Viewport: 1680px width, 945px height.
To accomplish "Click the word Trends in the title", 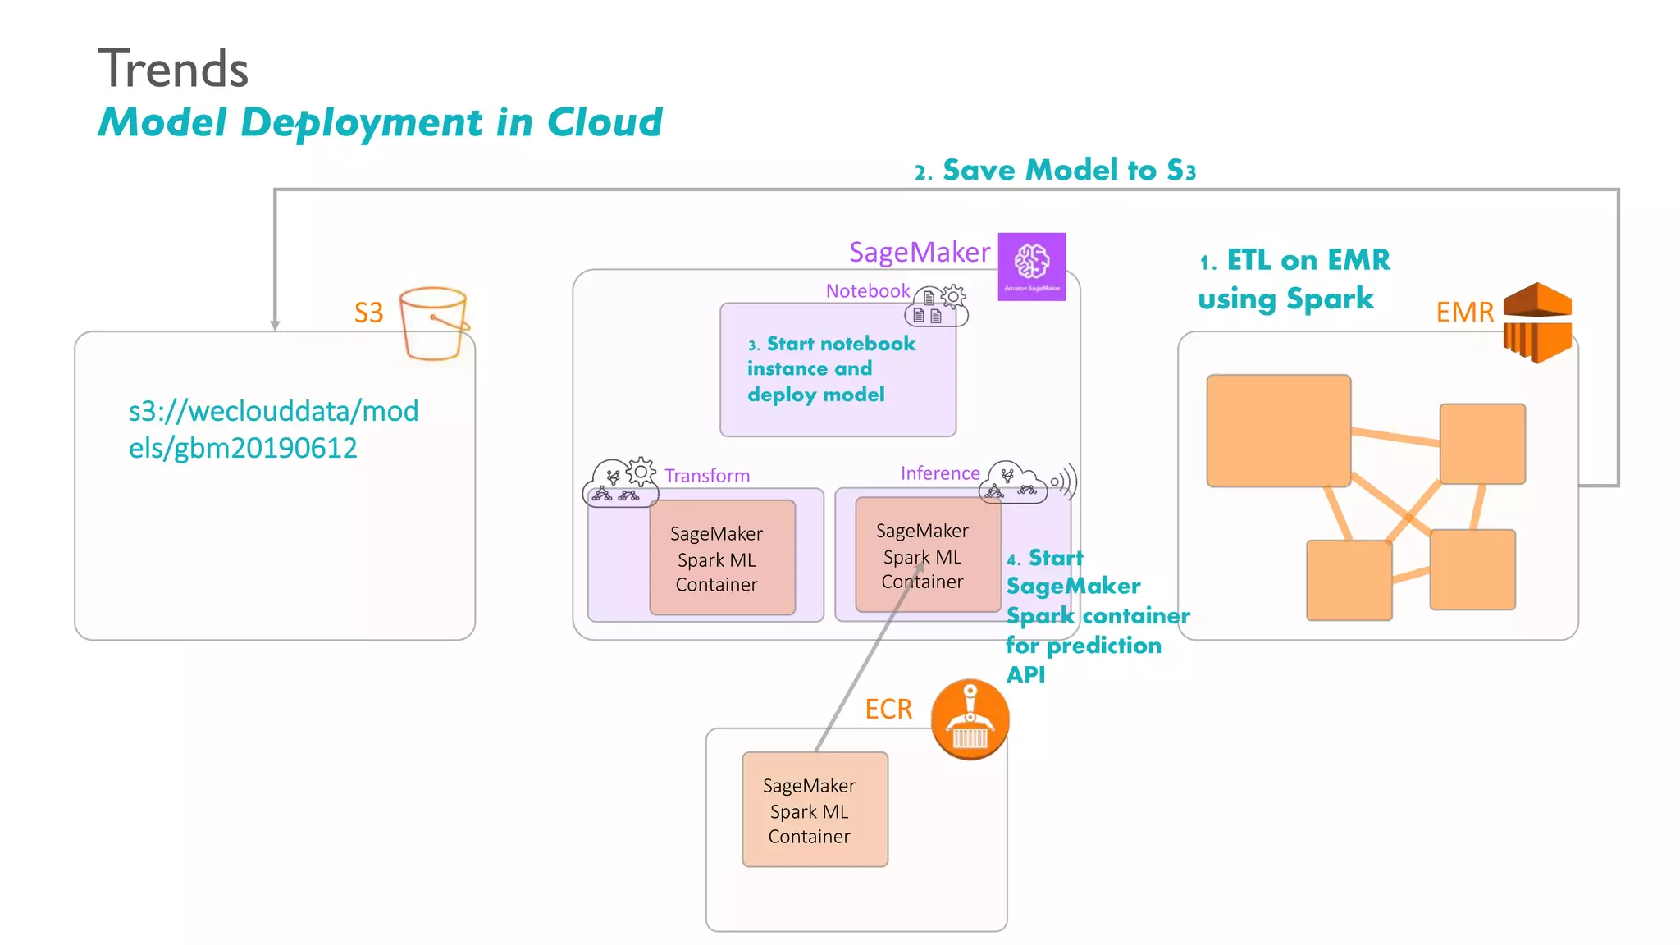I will pos(173,69).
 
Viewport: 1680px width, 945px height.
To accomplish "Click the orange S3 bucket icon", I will pos(434,324).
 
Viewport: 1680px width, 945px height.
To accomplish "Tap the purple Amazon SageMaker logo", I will pos(1031,266).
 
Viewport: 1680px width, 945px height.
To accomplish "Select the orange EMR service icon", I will pos(1536,322).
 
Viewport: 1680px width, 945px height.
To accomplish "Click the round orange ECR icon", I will pos(970,719).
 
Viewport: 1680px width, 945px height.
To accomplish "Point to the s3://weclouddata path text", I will pos(273,429).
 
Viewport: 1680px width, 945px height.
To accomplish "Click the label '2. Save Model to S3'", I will pos(1055,171).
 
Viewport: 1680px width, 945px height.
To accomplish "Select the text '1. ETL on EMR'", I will pos(1294,261).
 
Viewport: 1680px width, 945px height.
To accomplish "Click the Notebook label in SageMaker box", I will pos(867,291).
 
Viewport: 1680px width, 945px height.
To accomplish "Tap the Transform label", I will pos(706,476).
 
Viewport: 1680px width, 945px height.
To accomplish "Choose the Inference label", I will pos(939,473).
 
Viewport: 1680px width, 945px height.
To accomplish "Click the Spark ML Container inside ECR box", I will pos(815,810).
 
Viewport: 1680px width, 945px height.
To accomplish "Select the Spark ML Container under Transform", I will pos(722,559).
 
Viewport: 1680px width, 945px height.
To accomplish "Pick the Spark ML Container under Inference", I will pos(927,555).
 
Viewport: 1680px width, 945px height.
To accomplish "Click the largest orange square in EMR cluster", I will pos(1277,431).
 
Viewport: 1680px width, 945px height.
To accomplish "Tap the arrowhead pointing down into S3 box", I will pos(275,325).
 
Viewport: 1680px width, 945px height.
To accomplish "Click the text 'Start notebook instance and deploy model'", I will pos(830,369).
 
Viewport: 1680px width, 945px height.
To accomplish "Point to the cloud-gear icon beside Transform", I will pos(621,482).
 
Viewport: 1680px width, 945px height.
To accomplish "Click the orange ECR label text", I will pos(888,709).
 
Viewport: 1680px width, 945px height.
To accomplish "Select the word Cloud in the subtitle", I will pos(604,123).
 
